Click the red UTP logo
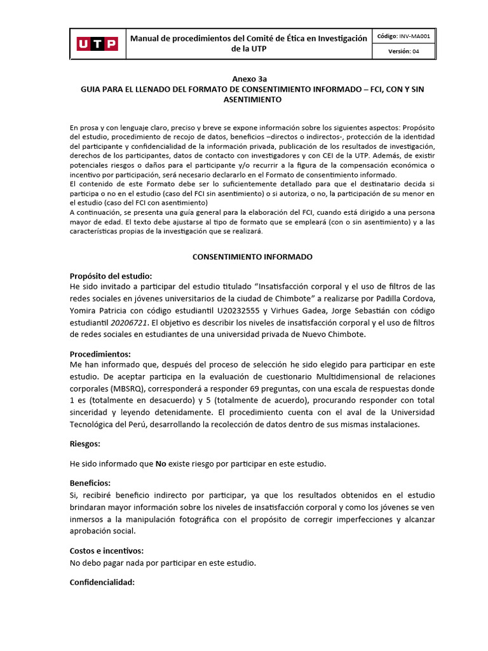97,44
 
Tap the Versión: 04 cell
404,52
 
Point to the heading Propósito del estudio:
111,276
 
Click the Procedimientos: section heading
100,354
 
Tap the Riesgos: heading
85,444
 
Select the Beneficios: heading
90,484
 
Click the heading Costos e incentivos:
106,551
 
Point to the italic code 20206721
127,322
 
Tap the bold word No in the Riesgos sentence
161,464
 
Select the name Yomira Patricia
100,310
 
